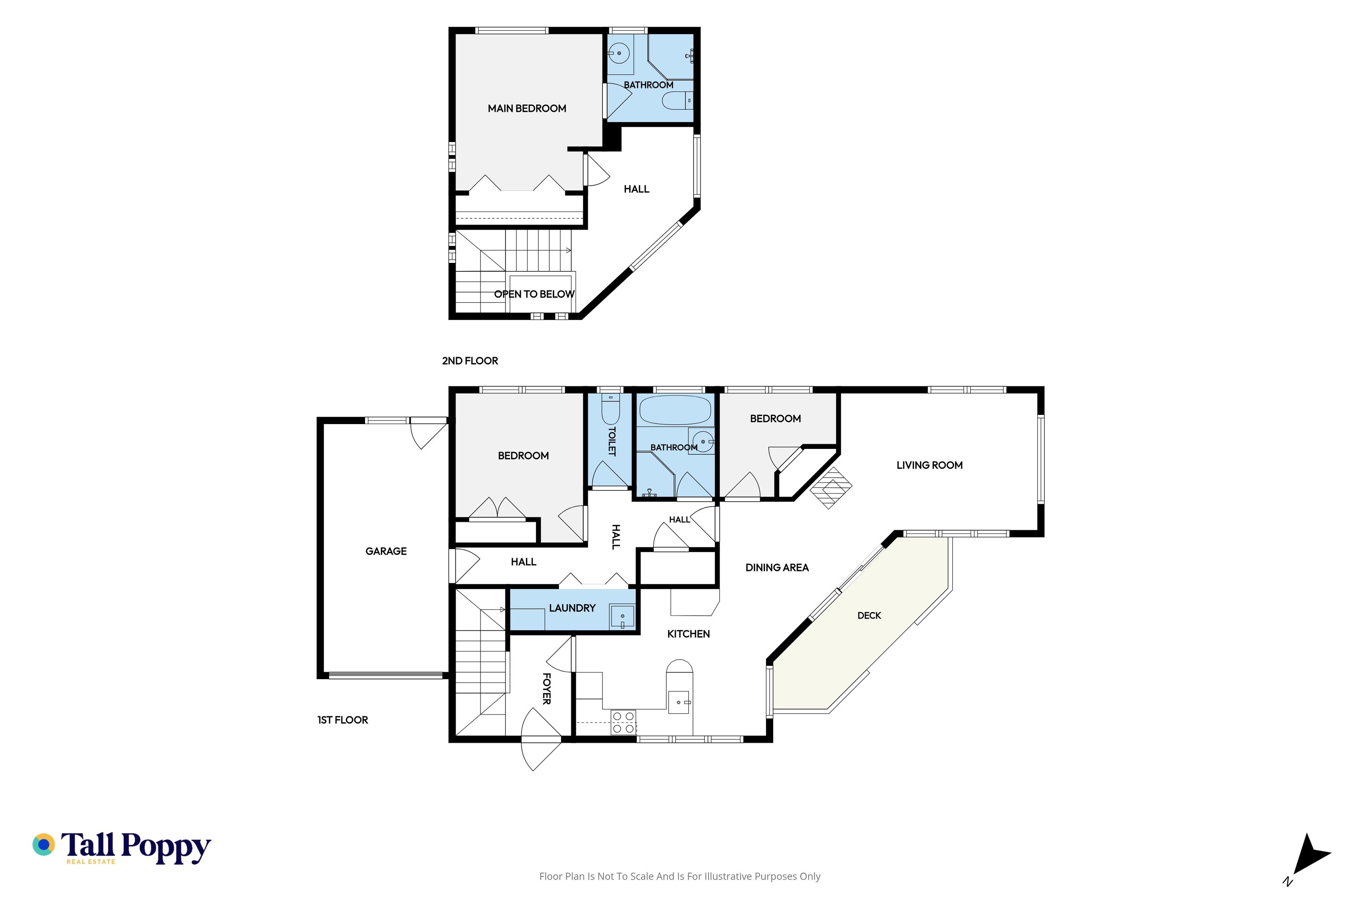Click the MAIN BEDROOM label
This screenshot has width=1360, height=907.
(527, 108)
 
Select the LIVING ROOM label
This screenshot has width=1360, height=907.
(929, 465)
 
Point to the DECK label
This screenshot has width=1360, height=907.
(869, 615)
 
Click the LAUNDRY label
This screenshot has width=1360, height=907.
(572, 608)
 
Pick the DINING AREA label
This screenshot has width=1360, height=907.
(777, 568)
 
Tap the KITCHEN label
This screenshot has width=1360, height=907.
(688, 634)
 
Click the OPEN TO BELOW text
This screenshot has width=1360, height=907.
(534, 294)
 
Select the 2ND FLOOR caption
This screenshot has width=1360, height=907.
(470, 361)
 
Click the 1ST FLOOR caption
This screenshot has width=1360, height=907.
(342, 720)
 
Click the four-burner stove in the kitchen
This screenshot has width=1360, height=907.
(623, 722)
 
